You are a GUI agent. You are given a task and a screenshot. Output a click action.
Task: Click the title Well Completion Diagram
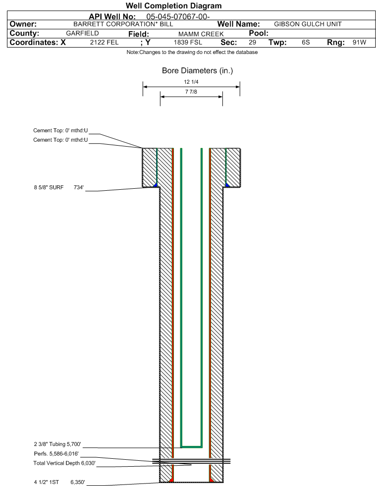[x=173, y=5]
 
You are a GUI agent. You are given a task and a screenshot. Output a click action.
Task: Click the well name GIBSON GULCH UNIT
[x=308, y=24]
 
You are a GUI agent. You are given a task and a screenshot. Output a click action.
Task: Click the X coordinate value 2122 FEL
[x=104, y=43]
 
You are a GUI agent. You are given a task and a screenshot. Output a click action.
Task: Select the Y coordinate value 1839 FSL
[x=188, y=43]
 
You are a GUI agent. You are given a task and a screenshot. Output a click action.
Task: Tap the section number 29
[x=252, y=43]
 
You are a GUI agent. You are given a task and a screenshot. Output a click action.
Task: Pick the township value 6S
[x=306, y=43]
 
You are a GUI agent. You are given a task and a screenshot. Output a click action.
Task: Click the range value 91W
[x=359, y=43]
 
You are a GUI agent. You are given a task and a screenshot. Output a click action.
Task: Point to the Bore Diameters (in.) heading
[x=197, y=71]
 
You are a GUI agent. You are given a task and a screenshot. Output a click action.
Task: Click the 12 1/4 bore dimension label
[x=191, y=82]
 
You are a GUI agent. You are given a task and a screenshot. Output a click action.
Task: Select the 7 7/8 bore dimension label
[x=191, y=92]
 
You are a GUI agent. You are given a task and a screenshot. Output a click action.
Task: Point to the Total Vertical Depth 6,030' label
[x=60, y=463]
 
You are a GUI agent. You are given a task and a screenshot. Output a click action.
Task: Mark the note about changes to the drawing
[x=192, y=52]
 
